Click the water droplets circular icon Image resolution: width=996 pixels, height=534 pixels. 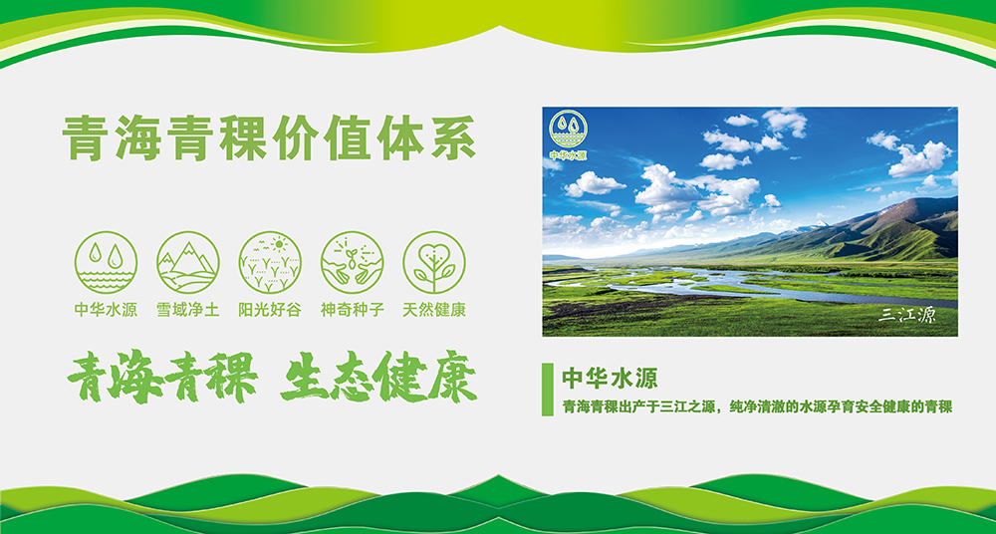[x=106, y=262]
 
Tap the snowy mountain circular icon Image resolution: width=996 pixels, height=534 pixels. [x=188, y=262]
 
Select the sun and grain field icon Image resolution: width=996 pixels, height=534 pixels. [x=270, y=262]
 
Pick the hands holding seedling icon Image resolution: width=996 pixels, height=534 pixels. [x=352, y=262]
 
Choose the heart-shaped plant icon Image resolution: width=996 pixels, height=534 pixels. [x=434, y=262]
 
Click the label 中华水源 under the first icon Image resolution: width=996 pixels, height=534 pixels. [x=106, y=310]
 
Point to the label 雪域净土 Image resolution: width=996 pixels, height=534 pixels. [x=188, y=310]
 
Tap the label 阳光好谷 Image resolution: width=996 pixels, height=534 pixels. [x=270, y=310]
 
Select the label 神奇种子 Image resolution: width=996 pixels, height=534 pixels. [x=352, y=310]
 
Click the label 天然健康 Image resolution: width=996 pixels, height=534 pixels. [x=434, y=310]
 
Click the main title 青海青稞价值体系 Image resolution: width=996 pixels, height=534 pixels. [x=269, y=137]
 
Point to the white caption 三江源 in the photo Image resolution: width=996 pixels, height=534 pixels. [x=906, y=315]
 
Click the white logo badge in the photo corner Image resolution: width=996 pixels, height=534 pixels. [x=568, y=134]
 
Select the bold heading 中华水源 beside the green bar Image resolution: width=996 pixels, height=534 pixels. [x=610, y=378]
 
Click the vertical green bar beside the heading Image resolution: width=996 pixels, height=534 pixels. [x=548, y=390]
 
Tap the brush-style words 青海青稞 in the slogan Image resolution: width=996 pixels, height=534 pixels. [x=162, y=377]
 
